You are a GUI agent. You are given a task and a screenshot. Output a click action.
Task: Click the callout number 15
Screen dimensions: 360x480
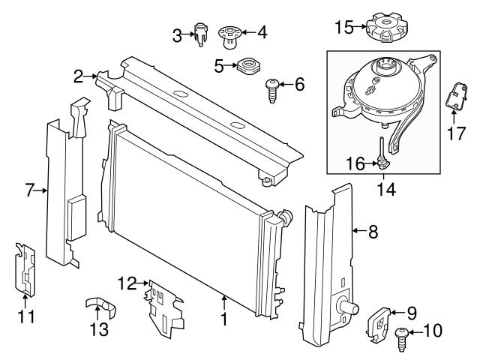(343, 27)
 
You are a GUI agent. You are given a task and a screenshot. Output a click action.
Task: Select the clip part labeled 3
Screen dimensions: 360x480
(200, 34)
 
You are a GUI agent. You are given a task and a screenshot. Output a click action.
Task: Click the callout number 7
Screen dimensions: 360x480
(30, 190)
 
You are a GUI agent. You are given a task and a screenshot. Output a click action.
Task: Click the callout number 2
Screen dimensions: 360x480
(78, 75)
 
